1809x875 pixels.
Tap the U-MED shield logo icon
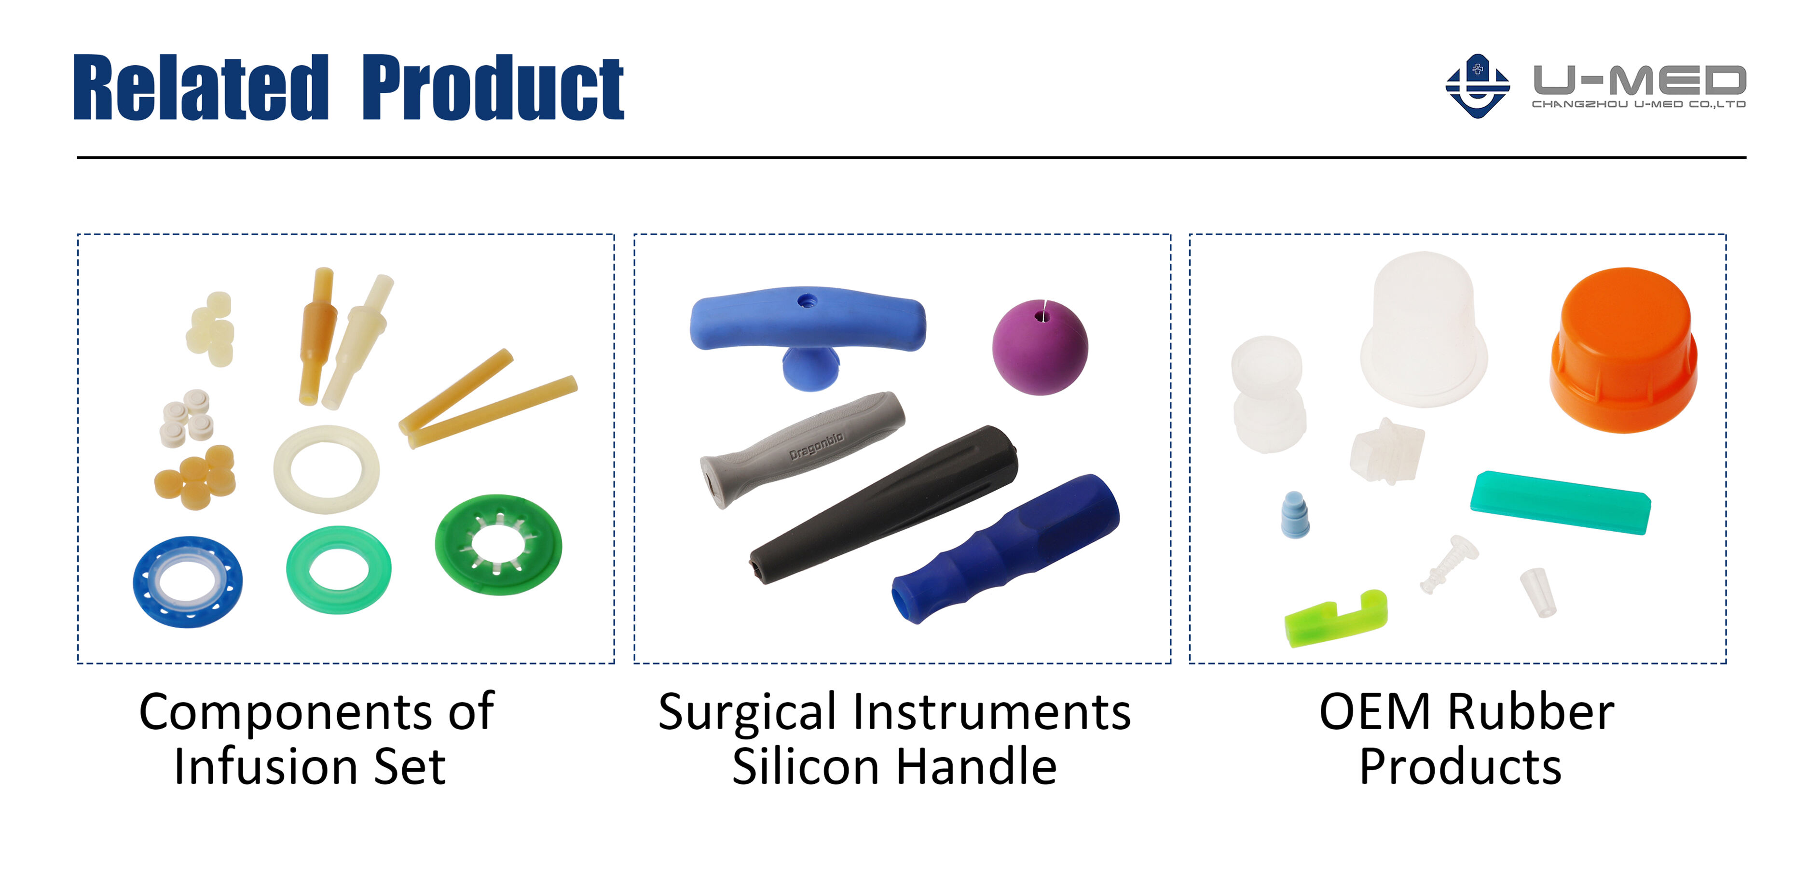(1478, 86)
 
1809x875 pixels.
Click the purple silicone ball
(1040, 347)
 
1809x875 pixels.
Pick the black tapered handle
(883, 504)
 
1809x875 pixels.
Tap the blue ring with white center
(188, 582)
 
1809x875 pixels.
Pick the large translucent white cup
(1424, 329)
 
